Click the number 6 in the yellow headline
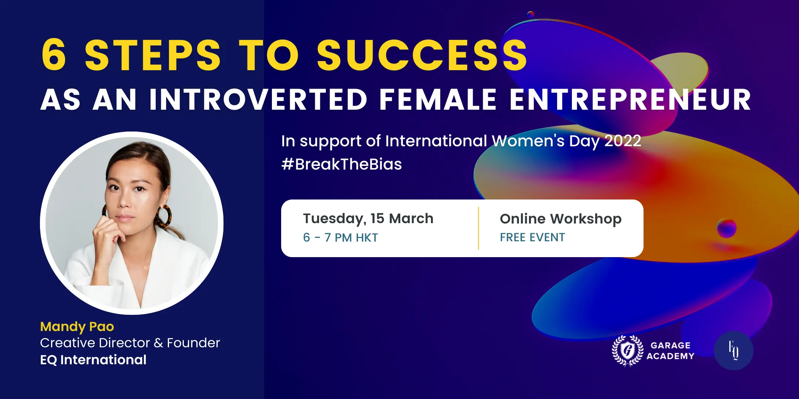54,55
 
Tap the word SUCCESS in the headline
422,55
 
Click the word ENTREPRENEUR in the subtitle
630,99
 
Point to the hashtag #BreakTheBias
341,164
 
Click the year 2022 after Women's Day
623,141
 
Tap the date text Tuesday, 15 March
368,219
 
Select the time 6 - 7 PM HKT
340,238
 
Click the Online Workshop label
561,219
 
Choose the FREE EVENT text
532,237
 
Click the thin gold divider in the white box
478,228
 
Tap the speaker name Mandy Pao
77,327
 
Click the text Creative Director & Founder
130,343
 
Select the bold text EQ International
93,360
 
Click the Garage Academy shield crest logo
627,351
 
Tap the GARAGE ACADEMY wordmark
670,351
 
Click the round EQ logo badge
734,351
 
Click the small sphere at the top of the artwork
531,14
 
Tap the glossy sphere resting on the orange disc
726,228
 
